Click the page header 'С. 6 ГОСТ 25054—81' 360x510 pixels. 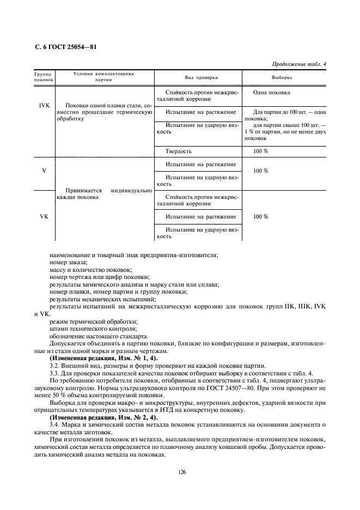click(62, 47)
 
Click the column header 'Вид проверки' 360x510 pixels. click(197, 77)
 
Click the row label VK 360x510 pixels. click(44, 216)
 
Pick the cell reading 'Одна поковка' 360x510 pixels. click(271, 93)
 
